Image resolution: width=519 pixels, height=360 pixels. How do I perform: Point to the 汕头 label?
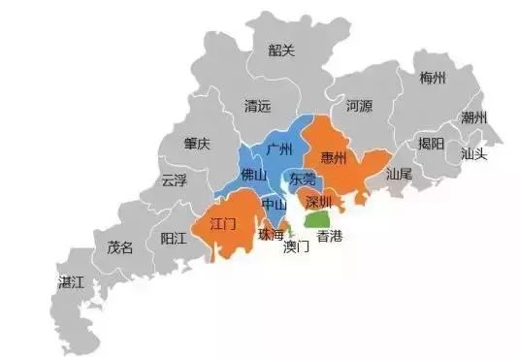pyautogui.click(x=474, y=153)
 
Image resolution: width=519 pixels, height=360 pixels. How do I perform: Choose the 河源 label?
pyautogui.click(x=359, y=106)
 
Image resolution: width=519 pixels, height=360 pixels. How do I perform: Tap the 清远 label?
pyautogui.click(x=260, y=106)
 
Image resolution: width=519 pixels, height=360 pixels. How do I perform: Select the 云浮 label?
pyautogui.click(x=176, y=180)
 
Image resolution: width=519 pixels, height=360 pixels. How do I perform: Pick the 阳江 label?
pyautogui.click(x=175, y=239)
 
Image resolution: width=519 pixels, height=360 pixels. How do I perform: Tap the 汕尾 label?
pyautogui.click(x=399, y=176)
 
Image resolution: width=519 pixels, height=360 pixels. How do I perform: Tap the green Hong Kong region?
pyautogui.click(x=317, y=219)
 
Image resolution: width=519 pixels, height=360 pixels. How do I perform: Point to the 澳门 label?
pyautogui.click(x=296, y=246)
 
